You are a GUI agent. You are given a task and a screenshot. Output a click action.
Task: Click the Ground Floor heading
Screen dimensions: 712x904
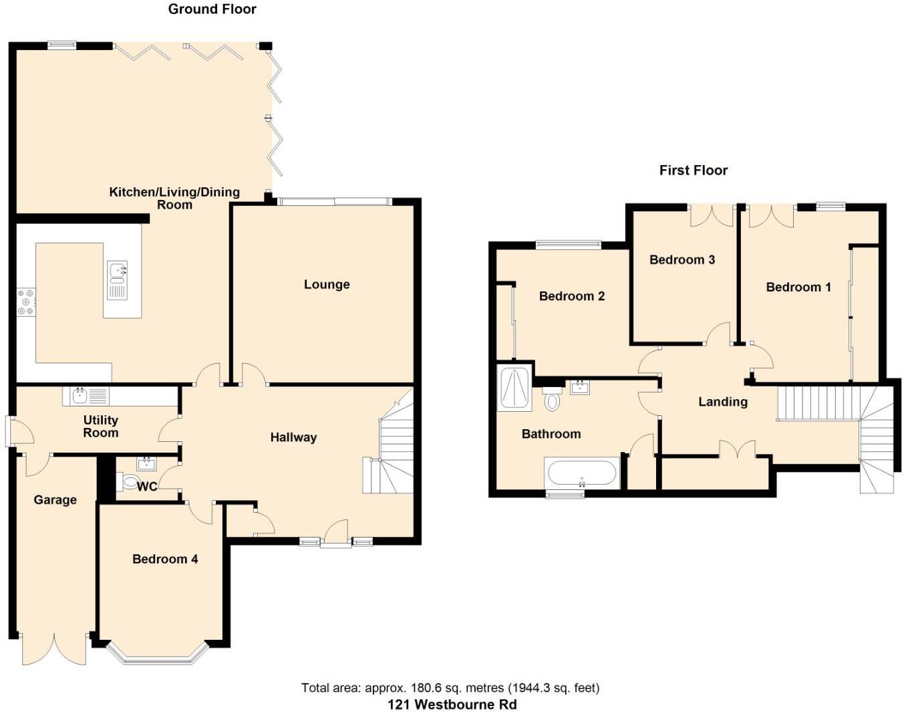pyautogui.click(x=212, y=9)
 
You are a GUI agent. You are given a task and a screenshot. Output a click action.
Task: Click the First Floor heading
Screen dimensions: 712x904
pyautogui.click(x=693, y=170)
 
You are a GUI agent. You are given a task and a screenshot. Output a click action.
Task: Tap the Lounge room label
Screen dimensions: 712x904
pyautogui.click(x=327, y=285)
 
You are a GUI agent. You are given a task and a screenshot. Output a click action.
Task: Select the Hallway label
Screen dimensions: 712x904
pyautogui.click(x=293, y=437)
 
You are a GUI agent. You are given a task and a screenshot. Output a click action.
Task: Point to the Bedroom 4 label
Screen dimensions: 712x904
pyautogui.click(x=165, y=559)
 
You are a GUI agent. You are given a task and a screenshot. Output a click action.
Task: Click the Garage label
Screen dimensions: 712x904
pyautogui.click(x=55, y=500)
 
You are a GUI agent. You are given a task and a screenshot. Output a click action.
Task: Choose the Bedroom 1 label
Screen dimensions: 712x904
pyautogui.click(x=798, y=287)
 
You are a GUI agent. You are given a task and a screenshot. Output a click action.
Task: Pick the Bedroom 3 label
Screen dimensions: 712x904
pyautogui.click(x=682, y=260)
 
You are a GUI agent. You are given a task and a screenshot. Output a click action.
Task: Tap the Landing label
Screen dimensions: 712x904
pyautogui.click(x=722, y=402)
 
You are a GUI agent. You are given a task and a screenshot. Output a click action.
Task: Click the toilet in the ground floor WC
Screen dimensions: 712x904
pyautogui.click(x=130, y=482)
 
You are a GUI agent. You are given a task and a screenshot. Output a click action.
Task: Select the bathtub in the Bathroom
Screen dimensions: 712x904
pyautogui.click(x=581, y=473)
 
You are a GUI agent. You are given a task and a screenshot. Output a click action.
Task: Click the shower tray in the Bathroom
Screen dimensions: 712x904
pyautogui.click(x=514, y=387)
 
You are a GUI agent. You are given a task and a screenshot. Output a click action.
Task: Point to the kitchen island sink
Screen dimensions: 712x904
pyautogui.click(x=117, y=271)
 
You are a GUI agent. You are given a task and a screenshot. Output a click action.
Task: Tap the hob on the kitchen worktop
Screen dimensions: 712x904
pyautogui.click(x=26, y=302)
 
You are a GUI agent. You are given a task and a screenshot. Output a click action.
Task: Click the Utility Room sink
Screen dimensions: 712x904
pyautogui.click(x=80, y=395)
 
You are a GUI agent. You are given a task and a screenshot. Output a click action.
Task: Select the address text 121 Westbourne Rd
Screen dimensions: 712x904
pyautogui.click(x=452, y=705)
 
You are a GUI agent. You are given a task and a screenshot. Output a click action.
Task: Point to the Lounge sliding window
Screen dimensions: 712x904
pyautogui.click(x=334, y=201)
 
